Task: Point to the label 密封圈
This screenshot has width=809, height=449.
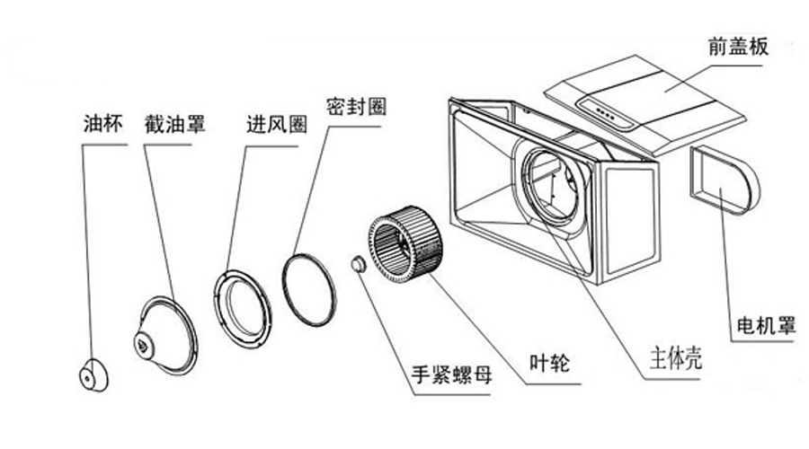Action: [x=358, y=106]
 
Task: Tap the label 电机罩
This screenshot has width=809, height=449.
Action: [x=765, y=323]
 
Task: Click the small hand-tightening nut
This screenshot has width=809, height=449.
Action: [x=359, y=264]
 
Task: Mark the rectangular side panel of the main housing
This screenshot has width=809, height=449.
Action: [x=628, y=224]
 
